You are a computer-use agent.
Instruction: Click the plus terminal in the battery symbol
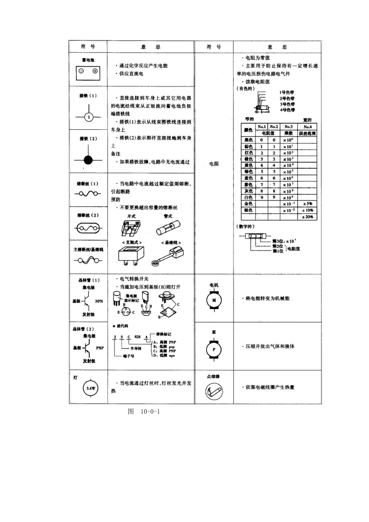(x=95, y=71)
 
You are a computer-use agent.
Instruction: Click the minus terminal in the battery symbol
(x=81, y=71)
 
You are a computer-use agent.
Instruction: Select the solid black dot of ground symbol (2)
(x=89, y=160)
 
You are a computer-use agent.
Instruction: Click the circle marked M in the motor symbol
(x=214, y=300)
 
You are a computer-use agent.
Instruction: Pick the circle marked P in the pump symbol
(x=214, y=350)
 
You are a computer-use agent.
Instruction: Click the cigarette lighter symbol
(x=214, y=391)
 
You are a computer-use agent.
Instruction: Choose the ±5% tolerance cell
(x=307, y=204)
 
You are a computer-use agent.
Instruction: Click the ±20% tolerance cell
(x=307, y=217)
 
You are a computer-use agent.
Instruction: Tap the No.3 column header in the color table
(x=288, y=127)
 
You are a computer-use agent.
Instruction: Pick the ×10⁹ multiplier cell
(x=288, y=198)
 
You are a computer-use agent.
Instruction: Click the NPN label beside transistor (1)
(x=99, y=301)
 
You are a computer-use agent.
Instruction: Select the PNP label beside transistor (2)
(x=100, y=348)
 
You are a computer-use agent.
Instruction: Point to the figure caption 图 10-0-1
(x=144, y=411)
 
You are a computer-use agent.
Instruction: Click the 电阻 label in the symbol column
(x=214, y=164)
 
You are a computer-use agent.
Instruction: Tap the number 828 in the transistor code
(x=138, y=336)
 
